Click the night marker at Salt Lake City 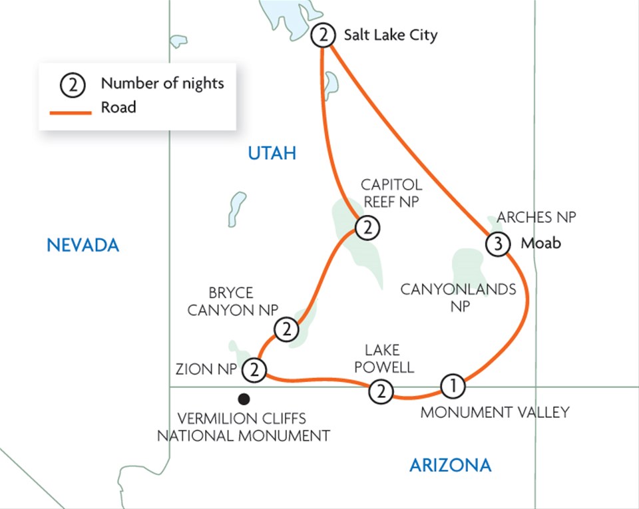pyautogui.click(x=323, y=35)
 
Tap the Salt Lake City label pyautogui.click(x=391, y=35)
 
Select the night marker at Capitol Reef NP pyautogui.click(x=367, y=228)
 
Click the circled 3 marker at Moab pyautogui.click(x=497, y=244)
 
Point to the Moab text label pyautogui.click(x=540, y=244)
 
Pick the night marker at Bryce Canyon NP pyautogui.click(x=286, y=329)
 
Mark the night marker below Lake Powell pyautogui.click(x=381, y=391)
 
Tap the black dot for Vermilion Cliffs pyautogui.click(x=244, y=399)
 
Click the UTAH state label pyautogui.click(x=272, y=154)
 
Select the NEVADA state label pyautogui.click(x=83, y=246)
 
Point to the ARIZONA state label pyautogui.click(x=450, y=465)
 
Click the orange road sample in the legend pyautogui.click(x=71, y=112)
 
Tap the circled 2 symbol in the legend pyautogui.click(x=73, y=85)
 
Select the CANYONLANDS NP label pyautogui.click(x=459, y=298)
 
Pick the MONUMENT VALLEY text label pyautogui.click(x=495, y=413)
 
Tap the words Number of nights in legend pyautogui.click(x=162, y=83)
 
